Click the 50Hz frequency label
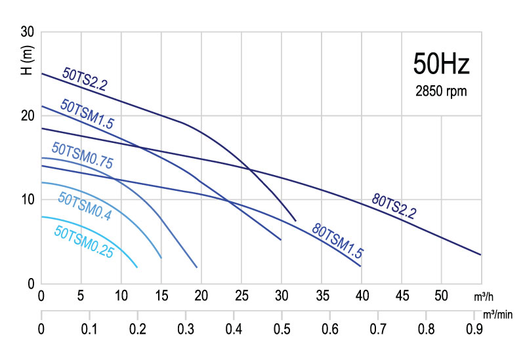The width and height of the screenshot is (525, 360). pos(441,64)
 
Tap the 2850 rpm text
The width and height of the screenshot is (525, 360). pos(441,92)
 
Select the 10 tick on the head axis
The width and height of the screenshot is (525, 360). pos(28,200)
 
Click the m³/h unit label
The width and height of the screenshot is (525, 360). pos(484,297)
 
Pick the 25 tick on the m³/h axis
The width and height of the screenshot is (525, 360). pos(241,296)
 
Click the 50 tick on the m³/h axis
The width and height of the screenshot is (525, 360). pos(442,296)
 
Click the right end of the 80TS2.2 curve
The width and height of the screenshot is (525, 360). pos(480,254)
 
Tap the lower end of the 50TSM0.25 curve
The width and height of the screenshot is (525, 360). pos(137,267)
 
